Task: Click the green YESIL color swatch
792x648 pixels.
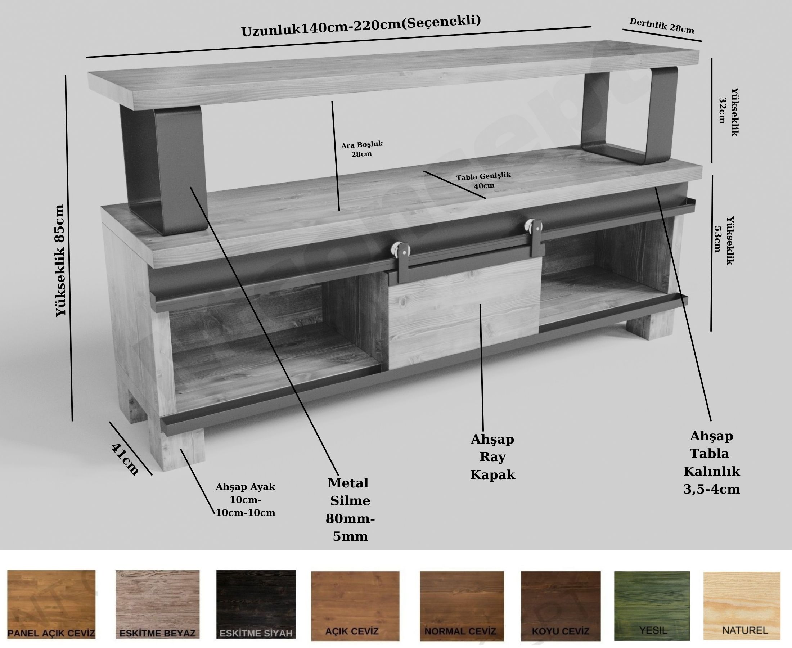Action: pos(652,606)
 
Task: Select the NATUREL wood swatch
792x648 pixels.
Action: pos(742,606)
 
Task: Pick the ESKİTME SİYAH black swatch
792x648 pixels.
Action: pos(256,605)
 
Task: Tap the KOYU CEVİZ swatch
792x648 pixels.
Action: pos(561,606)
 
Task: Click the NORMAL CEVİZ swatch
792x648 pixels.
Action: pos(462,606)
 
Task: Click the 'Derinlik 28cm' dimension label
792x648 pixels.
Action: pos(662,26)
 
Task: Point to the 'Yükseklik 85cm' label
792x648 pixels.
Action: pos(60,261)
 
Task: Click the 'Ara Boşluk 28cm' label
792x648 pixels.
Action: pos(362,149)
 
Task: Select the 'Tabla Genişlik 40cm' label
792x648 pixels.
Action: pos(483,180)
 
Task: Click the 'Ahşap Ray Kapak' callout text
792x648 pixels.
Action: pos(493,457)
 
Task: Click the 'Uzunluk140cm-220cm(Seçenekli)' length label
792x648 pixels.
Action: pos(361,26)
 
